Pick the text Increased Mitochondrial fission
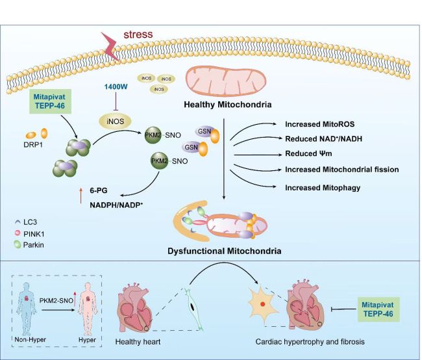click(341, 170)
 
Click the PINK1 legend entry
click(37, 233)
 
